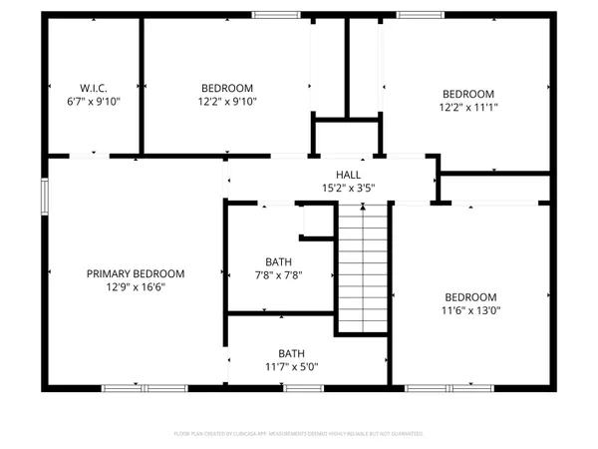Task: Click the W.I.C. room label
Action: tap(94, 87)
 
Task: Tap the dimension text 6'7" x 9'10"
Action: tap(94, 101)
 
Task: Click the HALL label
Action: tap(334, 174)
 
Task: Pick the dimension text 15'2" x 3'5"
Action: tap(334, 188)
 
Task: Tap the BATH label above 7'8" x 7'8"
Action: tap(278, 262)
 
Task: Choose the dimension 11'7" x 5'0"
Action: tap(291, 367)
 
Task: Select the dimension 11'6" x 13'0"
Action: tap(471, 311)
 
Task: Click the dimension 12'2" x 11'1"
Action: tap(468, 107)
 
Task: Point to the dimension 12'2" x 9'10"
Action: tap(227, 101)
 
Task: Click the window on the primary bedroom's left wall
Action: tap(43, 195)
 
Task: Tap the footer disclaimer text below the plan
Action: tap(299, 434)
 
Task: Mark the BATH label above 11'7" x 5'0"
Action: tap(291, 353)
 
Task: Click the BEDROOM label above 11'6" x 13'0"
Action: tap(471, 297)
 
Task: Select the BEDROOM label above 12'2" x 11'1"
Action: tap(468, 93)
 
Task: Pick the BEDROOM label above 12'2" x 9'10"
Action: tap(227, 87)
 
